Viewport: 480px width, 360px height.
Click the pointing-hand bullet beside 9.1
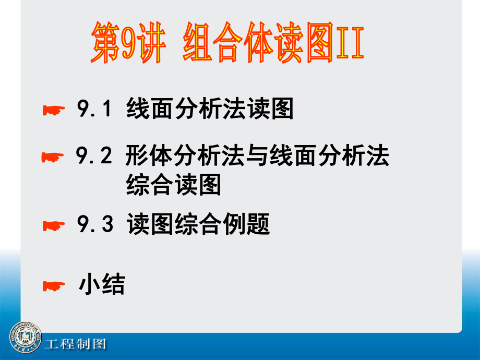pyautogui.click(x=54, y=110)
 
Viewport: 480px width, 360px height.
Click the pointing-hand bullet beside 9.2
pyautogui.click(x=53, y=158)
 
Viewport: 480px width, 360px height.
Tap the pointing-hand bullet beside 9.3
pyautogui.click(x=54, y=226)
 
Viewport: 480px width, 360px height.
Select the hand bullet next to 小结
pyautogui.click(x=54, y=286)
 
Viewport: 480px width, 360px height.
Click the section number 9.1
pyautogui.click(x=94, y=109)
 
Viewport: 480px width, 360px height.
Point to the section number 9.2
pyautogui.click(x=94, y=155)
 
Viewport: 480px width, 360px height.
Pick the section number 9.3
pyautogui.click(x=95, y=224)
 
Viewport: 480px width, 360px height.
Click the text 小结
pyautogui.click(x=102, y=284)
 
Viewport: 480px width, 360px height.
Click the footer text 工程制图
pyautogui.click(x=75, y=344)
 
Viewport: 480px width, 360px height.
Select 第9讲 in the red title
pyautogui.click(x=128, y=42)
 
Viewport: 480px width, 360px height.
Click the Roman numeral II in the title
pyautogui.click(x=350, y=42)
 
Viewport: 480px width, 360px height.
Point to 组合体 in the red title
pyautogui.click(x=228, y=42)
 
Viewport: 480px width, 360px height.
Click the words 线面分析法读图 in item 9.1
pyautogui.click(x=210, y=109)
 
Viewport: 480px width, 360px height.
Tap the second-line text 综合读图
pyautogui.click(x=173, y=184)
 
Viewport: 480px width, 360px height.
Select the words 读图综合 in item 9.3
pyautogui.click(x=174, y=224)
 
